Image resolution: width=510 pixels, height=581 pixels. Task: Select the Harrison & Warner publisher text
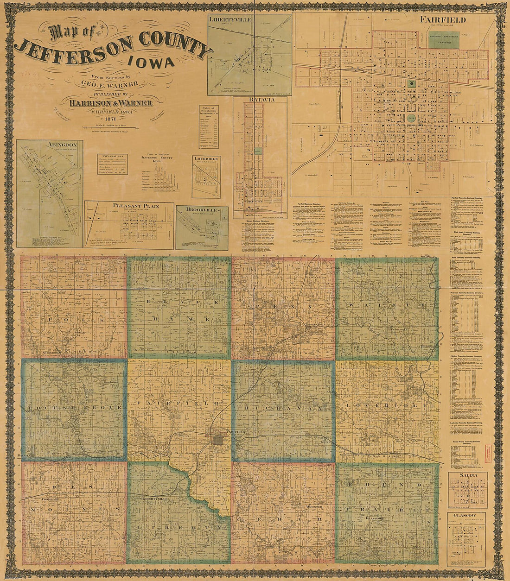109,102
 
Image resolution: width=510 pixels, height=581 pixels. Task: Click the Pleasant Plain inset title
129,205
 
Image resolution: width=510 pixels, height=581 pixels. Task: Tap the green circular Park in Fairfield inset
410,118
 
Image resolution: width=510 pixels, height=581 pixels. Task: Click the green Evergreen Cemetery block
444,41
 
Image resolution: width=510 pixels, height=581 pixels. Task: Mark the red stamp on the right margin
488,451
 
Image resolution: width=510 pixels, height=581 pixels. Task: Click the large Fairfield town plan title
443,20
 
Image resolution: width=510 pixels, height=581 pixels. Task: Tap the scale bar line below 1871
109,126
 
